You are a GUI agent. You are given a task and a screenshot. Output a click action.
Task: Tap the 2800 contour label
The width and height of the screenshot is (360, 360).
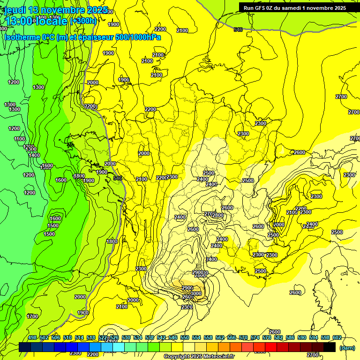pos(218,215)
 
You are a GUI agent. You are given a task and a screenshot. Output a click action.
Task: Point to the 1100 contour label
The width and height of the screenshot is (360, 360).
pos(20,139)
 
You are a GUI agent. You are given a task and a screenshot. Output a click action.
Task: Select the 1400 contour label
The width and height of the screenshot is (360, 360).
pos(34,155)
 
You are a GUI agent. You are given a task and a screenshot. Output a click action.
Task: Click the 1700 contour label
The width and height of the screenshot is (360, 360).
pos(32,316)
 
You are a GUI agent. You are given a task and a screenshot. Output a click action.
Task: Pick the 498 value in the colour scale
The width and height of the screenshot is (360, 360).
pos(32,338)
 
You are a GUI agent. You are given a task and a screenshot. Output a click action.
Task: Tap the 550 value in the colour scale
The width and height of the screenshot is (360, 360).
pos(185,338)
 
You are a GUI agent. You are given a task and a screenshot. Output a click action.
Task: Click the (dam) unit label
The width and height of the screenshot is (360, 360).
pos(347,347)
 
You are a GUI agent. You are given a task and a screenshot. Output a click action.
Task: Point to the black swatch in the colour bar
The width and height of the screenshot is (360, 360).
pos(330,347)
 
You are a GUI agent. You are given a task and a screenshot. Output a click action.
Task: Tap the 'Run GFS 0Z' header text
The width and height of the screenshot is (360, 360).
pos(260,8)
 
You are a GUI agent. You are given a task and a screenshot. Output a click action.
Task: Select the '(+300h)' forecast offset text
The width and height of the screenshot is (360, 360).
pos(83,21)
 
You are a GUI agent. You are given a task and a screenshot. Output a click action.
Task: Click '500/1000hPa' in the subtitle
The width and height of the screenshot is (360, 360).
pos(136,37)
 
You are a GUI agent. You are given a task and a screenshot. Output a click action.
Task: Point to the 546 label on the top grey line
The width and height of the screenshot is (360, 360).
pos(238,30)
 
